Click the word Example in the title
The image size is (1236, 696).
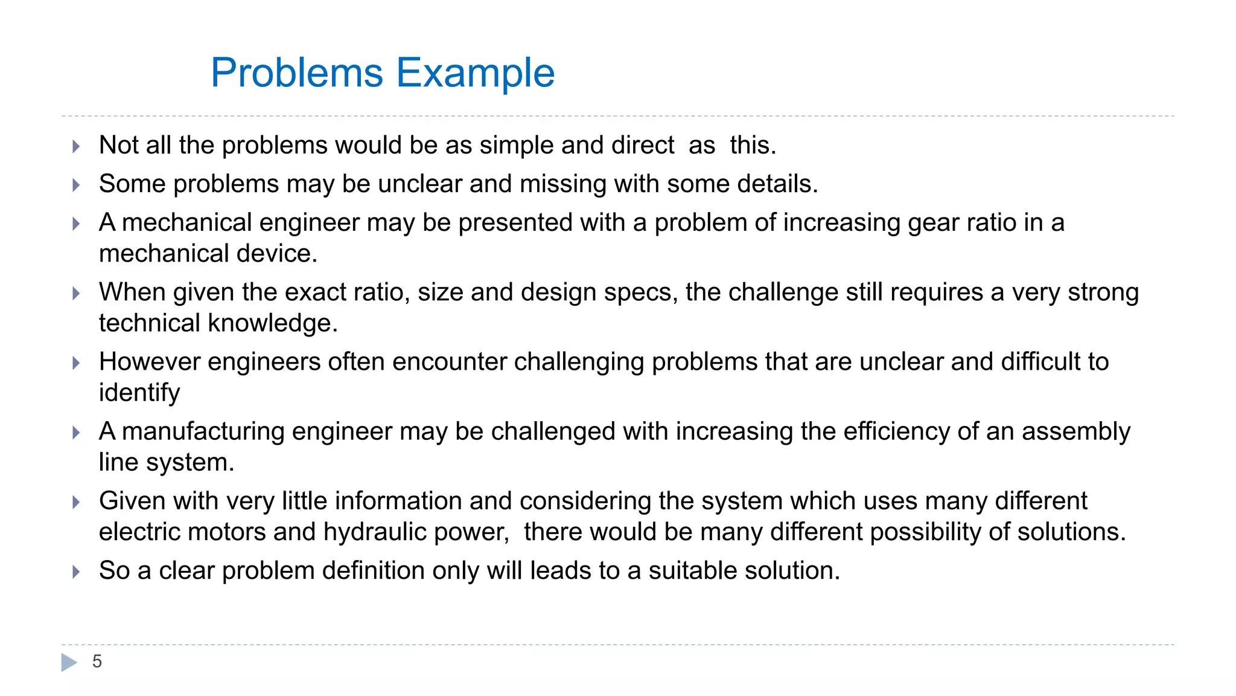pyautogui.click(x=475, y=73)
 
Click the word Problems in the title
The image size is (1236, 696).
pyautogui.click(x=297, y=73)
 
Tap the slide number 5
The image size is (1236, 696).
pyautogui.click(x=97, y=662)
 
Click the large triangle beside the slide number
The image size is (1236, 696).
pyautogui.click(x=69, y=662)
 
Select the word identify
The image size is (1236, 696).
pyautogui.click(x=139, y=393)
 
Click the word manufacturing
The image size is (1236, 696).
pyautogui.click(x=203, y=431)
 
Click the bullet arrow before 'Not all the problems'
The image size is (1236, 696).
pyautogui.click(x=76, y=146)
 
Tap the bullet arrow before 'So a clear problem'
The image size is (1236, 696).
pyautogui.click(x=76, y=572)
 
